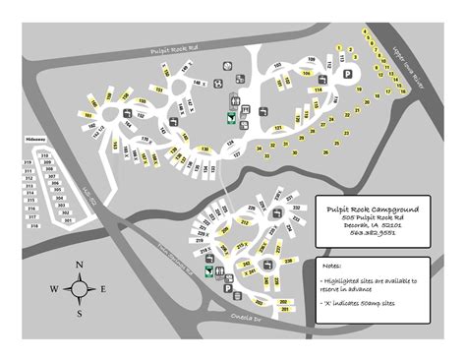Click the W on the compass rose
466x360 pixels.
click(x=56, y=289)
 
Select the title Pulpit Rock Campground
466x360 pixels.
click(x=371, y=209)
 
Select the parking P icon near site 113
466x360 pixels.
click(x=347, y=74)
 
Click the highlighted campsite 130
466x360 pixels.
click(x=205, y=148)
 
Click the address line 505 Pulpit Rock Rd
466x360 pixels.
click(x=370, y=218)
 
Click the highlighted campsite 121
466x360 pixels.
click(x=277, y=127)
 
